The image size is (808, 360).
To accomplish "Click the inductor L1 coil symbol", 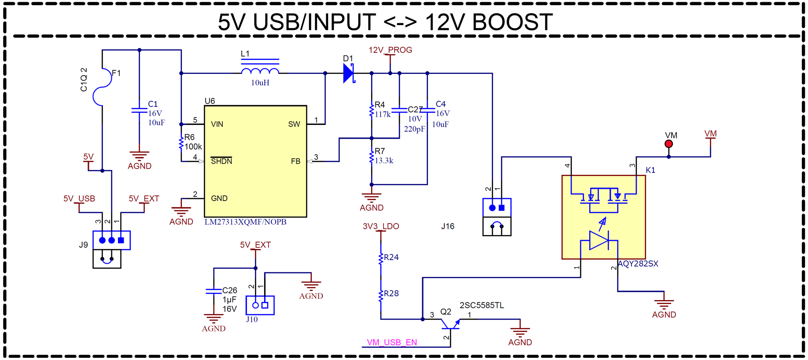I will tap(260, 70).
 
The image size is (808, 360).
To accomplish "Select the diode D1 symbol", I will tap(349, 73).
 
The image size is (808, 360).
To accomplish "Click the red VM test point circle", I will tap(668, 144).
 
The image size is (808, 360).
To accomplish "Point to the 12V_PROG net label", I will tap(390, 50).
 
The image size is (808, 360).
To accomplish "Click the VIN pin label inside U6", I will tap(217, 124).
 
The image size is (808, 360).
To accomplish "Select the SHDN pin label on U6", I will tap(221, 161).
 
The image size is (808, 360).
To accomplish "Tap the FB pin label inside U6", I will tap(295, 161).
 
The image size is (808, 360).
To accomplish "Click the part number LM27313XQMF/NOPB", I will tap(245, 222).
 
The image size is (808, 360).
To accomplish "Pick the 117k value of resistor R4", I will tap(383, 114).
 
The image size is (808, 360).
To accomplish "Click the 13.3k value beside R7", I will tap(384, 161).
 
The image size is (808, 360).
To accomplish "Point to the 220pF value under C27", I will tap(414, 129).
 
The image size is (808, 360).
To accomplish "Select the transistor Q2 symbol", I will tap(450, 324).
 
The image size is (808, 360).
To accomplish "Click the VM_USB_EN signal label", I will tap(391, 342).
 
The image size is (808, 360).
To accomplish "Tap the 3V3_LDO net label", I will tap(381, 226).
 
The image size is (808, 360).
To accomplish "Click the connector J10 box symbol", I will tap(260, 305).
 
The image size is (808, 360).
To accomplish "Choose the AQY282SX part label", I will tap(638, 264).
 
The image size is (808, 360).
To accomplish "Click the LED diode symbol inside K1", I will tap(599, 241).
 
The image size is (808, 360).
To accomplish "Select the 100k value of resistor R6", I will tap(193, 147).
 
